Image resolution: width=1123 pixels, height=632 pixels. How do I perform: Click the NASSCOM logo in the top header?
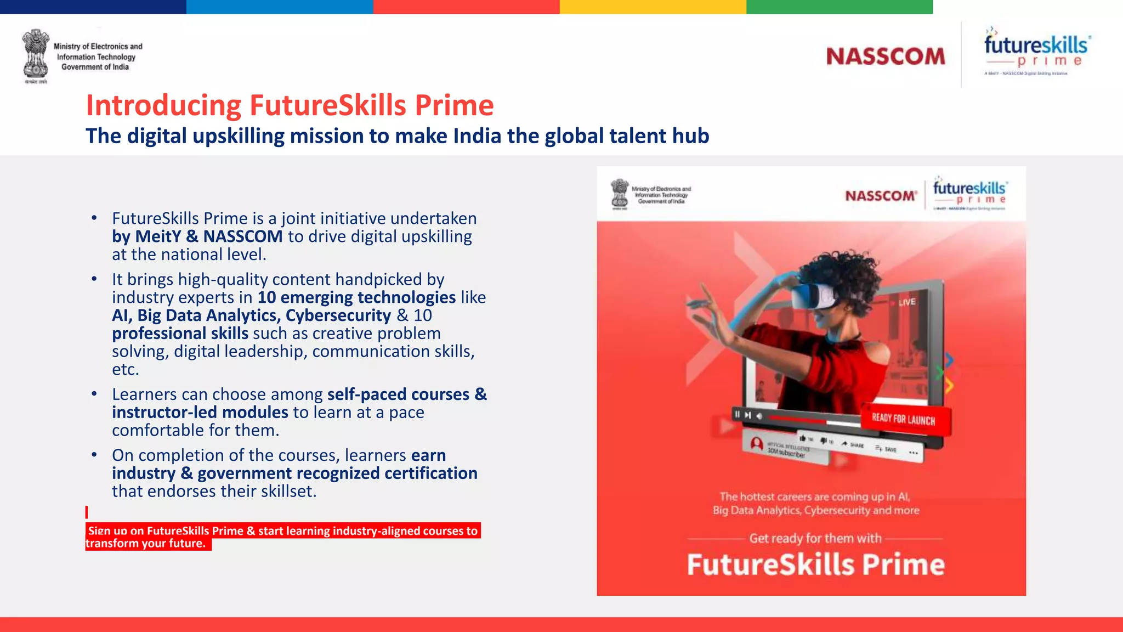[x=886, y=57]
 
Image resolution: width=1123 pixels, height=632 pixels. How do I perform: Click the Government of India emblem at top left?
[x=36, y=55]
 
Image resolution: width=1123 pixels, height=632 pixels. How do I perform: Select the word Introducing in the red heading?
[x=163, y=105]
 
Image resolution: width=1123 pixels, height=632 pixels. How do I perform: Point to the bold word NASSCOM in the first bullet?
[x=243, y=236]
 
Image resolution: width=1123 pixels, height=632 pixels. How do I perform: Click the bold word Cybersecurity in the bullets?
[x=338, y=315]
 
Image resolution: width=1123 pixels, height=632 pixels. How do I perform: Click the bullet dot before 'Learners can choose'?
[x=94, y=394]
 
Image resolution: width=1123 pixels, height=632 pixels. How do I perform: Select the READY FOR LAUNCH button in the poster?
[x=904, y=420]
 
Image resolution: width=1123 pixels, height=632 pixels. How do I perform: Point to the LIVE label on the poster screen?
[x=907, y=302]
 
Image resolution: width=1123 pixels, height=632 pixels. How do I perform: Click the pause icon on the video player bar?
[x=737, y=415]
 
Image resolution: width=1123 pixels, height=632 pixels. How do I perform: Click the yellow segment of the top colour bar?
[x=653, y=7]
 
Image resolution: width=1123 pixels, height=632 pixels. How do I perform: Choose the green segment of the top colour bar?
[x=839, y=7]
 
